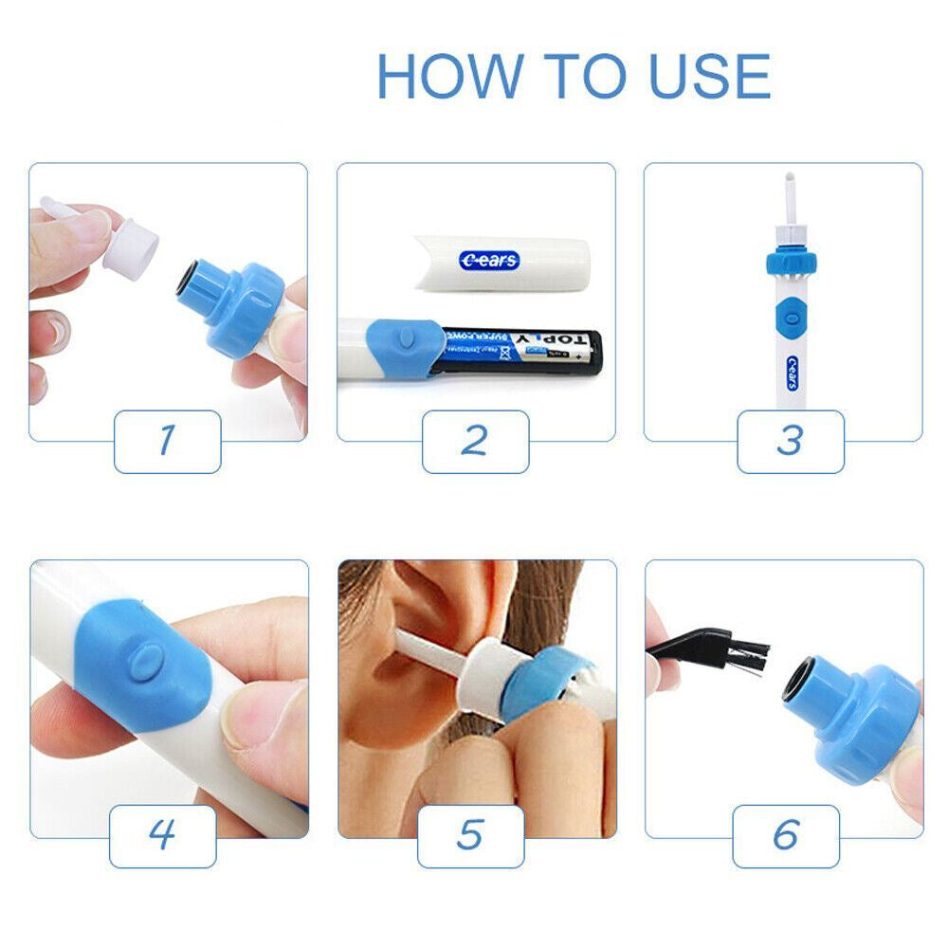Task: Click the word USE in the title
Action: (708, 77)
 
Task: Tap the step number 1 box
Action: (168, 441)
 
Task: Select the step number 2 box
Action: (475, 441)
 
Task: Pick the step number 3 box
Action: (790, 441)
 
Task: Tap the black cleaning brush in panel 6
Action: (720, 650)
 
